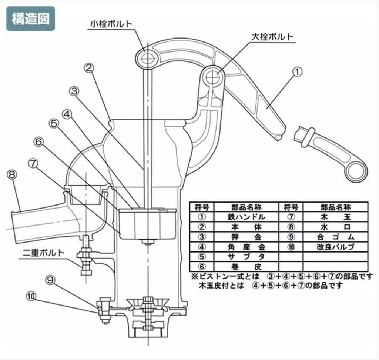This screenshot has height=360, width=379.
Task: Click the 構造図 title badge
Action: [30, 19]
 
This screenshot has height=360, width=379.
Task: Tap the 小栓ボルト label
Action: [111, 24]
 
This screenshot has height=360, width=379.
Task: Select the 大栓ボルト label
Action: [272, 37]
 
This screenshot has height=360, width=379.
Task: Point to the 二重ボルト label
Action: [44, 253]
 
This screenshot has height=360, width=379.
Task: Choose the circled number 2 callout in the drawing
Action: [89, 68]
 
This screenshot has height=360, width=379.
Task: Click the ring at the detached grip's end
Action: [357, 171]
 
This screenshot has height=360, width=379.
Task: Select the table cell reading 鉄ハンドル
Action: [246, 217]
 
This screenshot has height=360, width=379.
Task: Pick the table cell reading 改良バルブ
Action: [335, 247]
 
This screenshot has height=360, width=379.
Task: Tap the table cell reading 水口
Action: [335, 227]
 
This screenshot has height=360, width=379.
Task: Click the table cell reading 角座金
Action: [246, 247]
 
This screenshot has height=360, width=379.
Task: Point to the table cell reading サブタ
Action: [246, 257]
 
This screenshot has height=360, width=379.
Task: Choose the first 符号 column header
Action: [202, 207]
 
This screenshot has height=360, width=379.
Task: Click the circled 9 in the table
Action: [291, 237]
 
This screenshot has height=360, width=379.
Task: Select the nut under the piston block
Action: [148, 242]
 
